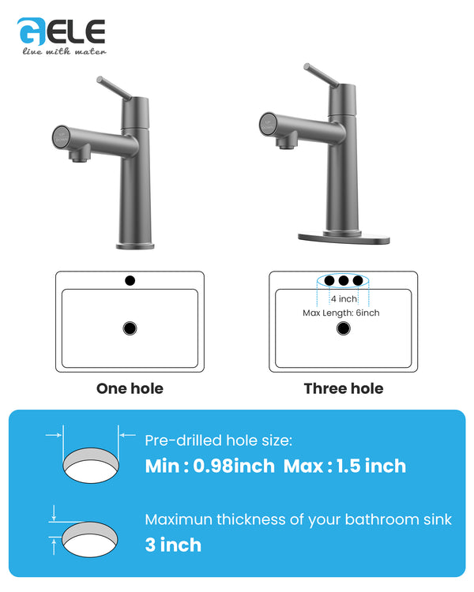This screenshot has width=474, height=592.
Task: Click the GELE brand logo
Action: tap(62, 32)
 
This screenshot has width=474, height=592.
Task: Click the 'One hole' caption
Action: tap(130, 388)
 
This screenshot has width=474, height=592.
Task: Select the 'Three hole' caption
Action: tap(344, 388)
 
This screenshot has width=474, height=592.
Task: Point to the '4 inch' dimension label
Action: tap(344, 299)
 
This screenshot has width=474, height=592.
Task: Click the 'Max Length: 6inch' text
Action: tap(341, 313)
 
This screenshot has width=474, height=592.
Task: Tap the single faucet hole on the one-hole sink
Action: tap(130, 280)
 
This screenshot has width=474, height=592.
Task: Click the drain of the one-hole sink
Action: tap(130, 328)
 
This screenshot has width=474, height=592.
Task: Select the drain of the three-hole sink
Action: tap(343, 328)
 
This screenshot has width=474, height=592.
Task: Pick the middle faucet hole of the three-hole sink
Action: tap(344, 280)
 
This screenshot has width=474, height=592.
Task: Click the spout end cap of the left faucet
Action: tap(61, 134)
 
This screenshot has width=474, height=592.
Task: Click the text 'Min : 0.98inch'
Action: tap(210, 466)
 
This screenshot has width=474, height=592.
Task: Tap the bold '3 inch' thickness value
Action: tap(173, 545)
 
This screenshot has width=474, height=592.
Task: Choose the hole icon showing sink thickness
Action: tap(91, 538)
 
